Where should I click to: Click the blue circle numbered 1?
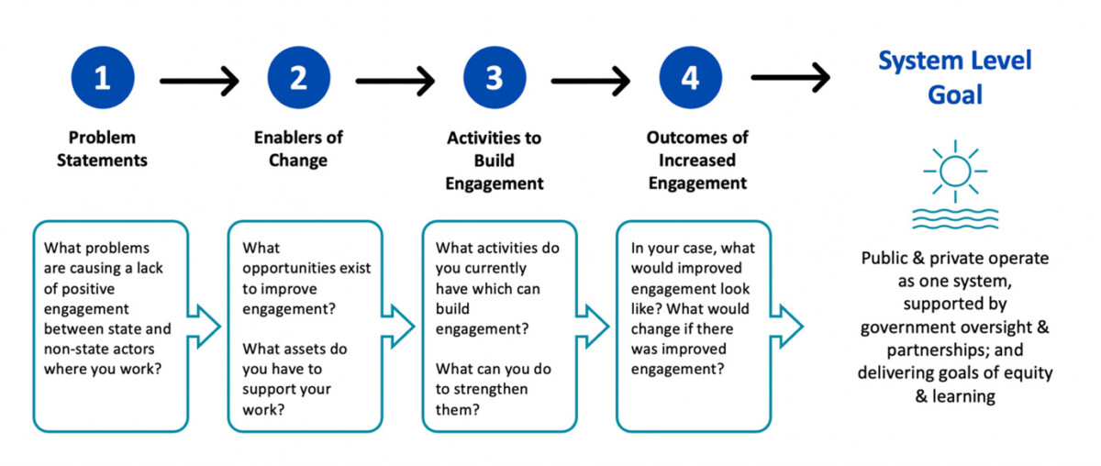103,78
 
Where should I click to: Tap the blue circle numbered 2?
299,78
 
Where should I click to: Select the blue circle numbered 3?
495,78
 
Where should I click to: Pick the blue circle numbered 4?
691,78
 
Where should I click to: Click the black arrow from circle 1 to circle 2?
200,81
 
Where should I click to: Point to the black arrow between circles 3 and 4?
591,81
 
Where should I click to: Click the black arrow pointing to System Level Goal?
791,77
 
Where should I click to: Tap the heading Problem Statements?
102,149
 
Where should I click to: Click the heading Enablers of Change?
298,149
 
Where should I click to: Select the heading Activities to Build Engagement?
495,161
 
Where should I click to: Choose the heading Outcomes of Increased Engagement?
697,161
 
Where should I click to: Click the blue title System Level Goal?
955,78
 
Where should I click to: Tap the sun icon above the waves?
955,172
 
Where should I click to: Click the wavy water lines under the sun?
955,219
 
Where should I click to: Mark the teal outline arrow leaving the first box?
204,327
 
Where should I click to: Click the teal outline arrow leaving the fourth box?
786,327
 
